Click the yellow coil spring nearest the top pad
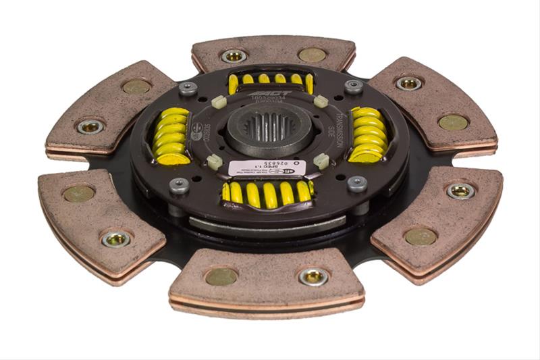click(270, 83)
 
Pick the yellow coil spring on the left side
click(171, 135)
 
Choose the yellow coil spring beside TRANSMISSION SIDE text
click(368, 134)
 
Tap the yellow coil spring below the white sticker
click(267, 194)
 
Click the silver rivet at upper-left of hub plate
click(188, 88)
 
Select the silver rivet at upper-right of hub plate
click(353, 86)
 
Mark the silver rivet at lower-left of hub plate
click(179, 185)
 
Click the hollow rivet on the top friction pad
click(234, 55)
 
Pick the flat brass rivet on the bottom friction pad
click(221, 276)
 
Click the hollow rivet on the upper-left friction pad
click(90, 126)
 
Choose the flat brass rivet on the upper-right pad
click(453, 122)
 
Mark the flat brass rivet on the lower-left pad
click(79, 194)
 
